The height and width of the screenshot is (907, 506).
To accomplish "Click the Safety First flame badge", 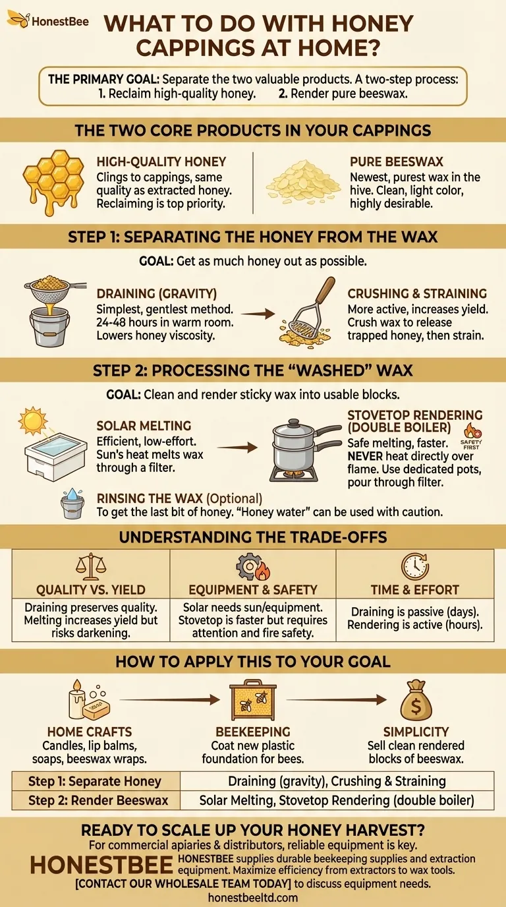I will (x=468, y=434).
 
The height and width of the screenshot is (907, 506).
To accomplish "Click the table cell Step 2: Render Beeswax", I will (x=98, y=801).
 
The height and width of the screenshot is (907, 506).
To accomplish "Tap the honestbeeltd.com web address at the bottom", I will (x=252, y=897).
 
